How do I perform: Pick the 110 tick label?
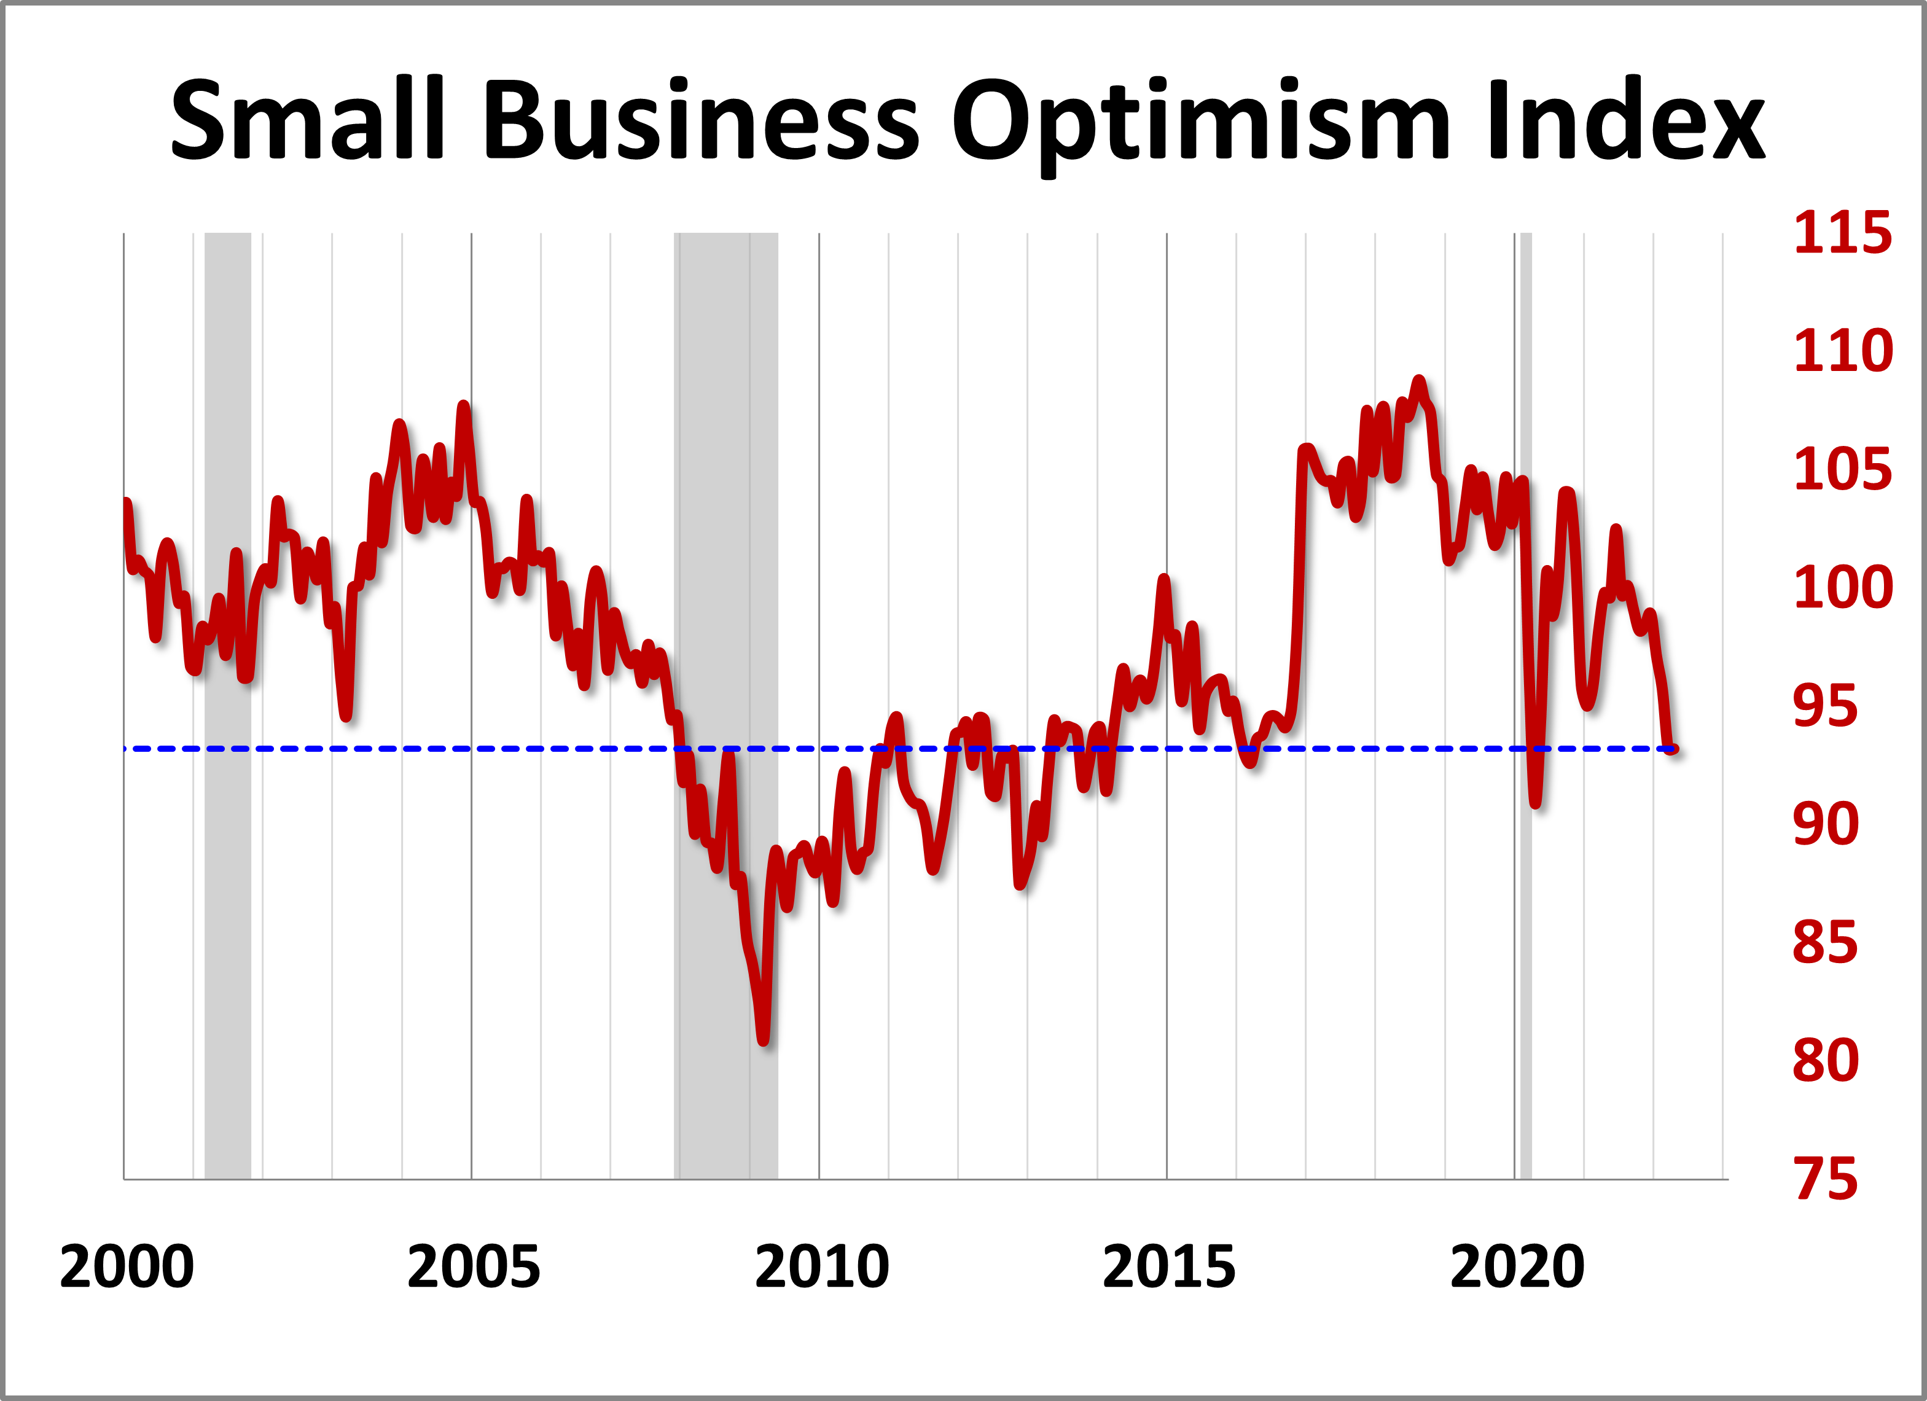tap(1842, 350)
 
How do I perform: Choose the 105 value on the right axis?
tap(1842, 469)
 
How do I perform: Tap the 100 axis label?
tap(1842, 587)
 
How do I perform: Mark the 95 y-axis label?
tap(1825, 705)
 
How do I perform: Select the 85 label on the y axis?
tap(1825, 942)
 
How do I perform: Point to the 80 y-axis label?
tap(1825, 1060)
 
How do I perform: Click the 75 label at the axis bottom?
tap(1825, 1179)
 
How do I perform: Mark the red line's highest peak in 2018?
tap(1418, 381)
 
